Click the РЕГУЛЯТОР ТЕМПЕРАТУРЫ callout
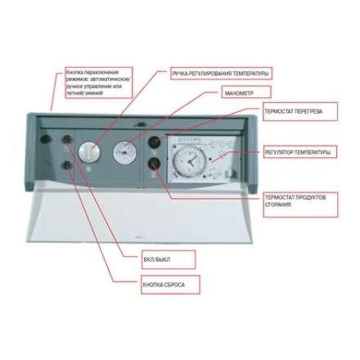click(297, 152)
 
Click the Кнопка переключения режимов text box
click(98, 83)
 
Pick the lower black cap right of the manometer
click(153, 171)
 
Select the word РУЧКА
click(179, 74)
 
